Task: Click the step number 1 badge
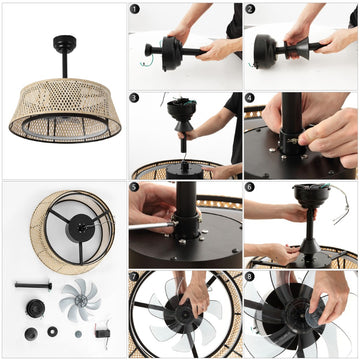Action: pos(136,10)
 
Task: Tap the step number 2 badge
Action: pos(252,10)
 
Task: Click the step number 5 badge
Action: pos(136,187)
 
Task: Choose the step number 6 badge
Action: pos(252,187)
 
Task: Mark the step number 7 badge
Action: pos(136,276)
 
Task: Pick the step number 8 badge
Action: pos(252,276)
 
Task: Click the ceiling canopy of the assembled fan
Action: pos(65,41)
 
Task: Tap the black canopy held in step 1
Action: pos(160,48)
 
